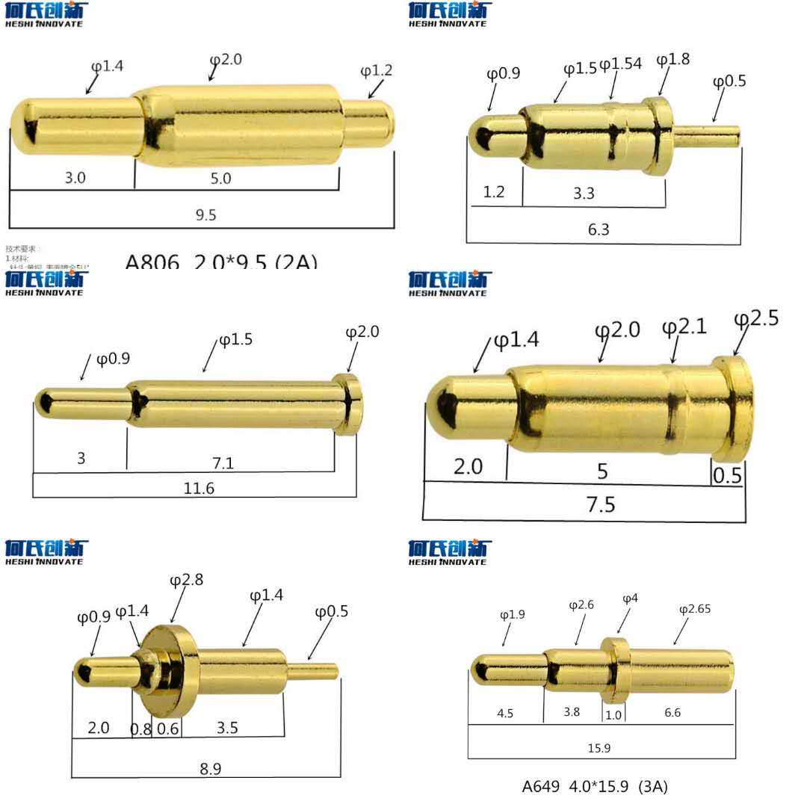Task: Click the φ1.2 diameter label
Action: (x=376, y=71)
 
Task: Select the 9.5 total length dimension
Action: (x=205, y=215)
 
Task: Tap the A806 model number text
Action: (x=152, y=262)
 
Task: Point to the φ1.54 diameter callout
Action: (x=620, y=64)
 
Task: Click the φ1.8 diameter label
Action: (x=672, y=60)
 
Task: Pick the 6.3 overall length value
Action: (x=599, y=229)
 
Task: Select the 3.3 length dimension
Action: (x=584, y=194)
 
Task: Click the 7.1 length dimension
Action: (x=223, y=463)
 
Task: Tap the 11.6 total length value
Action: (x=199, y=489)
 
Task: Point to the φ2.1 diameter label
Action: (x=684, y=327)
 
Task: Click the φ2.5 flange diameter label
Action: (x=755, y=318)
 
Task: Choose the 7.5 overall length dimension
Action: (x=600, y=504)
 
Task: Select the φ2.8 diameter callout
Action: (x=186, y=580)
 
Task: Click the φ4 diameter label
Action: (x=630, y=599)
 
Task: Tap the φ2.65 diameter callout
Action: (x=694, y=609)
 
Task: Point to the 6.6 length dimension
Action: (x=672, y=713)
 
